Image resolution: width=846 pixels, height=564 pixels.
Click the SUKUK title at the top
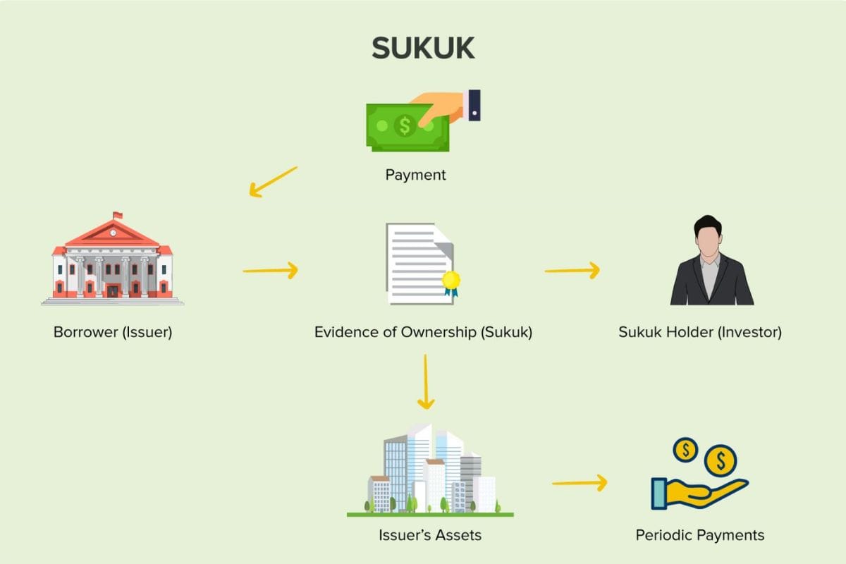tap(423, 48)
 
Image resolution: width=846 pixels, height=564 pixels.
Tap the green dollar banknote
tap(405, 127)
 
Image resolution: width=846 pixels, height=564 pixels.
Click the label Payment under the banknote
tap(415, 175)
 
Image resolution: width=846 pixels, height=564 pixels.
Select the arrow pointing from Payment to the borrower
tap(274, 181)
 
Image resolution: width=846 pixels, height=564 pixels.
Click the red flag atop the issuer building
tap(117, 214)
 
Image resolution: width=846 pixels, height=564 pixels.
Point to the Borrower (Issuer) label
tap(113, 331)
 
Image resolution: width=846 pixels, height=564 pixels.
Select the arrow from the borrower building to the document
tap(271, 269)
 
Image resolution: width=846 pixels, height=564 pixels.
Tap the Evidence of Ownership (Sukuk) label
tap(423, 331)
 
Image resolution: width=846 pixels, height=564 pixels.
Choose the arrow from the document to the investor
tap(572, 269)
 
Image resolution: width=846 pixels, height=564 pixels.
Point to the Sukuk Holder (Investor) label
tap(700, 331)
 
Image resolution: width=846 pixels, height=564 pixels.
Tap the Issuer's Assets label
tap(429, 535)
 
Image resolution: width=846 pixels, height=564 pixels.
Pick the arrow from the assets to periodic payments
tap(579, 483)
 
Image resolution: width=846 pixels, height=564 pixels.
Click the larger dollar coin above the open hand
tap(720, 462)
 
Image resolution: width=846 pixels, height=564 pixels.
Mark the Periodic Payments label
tap(699, 535)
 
